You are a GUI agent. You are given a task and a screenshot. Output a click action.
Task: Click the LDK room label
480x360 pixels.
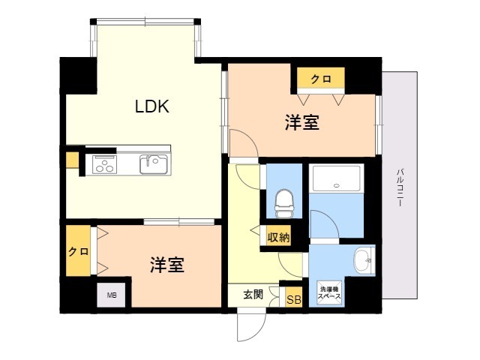point(152,106)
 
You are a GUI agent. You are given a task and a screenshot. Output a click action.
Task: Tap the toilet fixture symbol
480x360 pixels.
point(284,203)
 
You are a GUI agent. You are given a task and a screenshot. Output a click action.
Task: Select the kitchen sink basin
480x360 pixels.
point(154,164)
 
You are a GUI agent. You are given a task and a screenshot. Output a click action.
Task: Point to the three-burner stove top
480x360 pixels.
point(104,164)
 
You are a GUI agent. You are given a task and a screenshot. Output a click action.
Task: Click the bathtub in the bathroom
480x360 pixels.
point(336,178)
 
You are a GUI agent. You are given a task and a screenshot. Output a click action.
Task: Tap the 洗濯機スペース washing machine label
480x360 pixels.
point(329,292)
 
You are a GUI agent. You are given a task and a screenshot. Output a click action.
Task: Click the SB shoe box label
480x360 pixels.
point(294,299)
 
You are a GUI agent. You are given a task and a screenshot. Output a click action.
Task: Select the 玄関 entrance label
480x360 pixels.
point(253,295)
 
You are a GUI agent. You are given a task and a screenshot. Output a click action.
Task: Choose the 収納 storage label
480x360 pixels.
point(278,237)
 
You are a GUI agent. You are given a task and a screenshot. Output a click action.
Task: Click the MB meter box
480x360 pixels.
point(112,295)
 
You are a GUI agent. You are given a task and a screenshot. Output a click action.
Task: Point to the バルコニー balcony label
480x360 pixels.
point(399,187)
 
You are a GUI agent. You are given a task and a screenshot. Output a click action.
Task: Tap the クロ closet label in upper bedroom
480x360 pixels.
point(321,79)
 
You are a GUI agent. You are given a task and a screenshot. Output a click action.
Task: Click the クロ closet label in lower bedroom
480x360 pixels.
point(78,252)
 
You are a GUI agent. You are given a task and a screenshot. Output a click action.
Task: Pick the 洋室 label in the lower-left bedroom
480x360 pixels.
point(167,265)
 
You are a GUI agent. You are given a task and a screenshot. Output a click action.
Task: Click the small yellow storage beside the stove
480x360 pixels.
point(72,160)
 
